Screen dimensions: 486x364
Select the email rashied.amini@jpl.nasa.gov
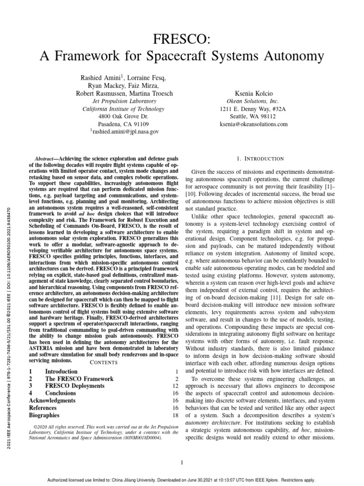coord(124,131)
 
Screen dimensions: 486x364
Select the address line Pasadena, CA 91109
coord(123,123)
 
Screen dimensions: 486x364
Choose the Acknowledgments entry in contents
coord(52,401)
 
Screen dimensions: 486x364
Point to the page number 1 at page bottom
coord(182,462)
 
